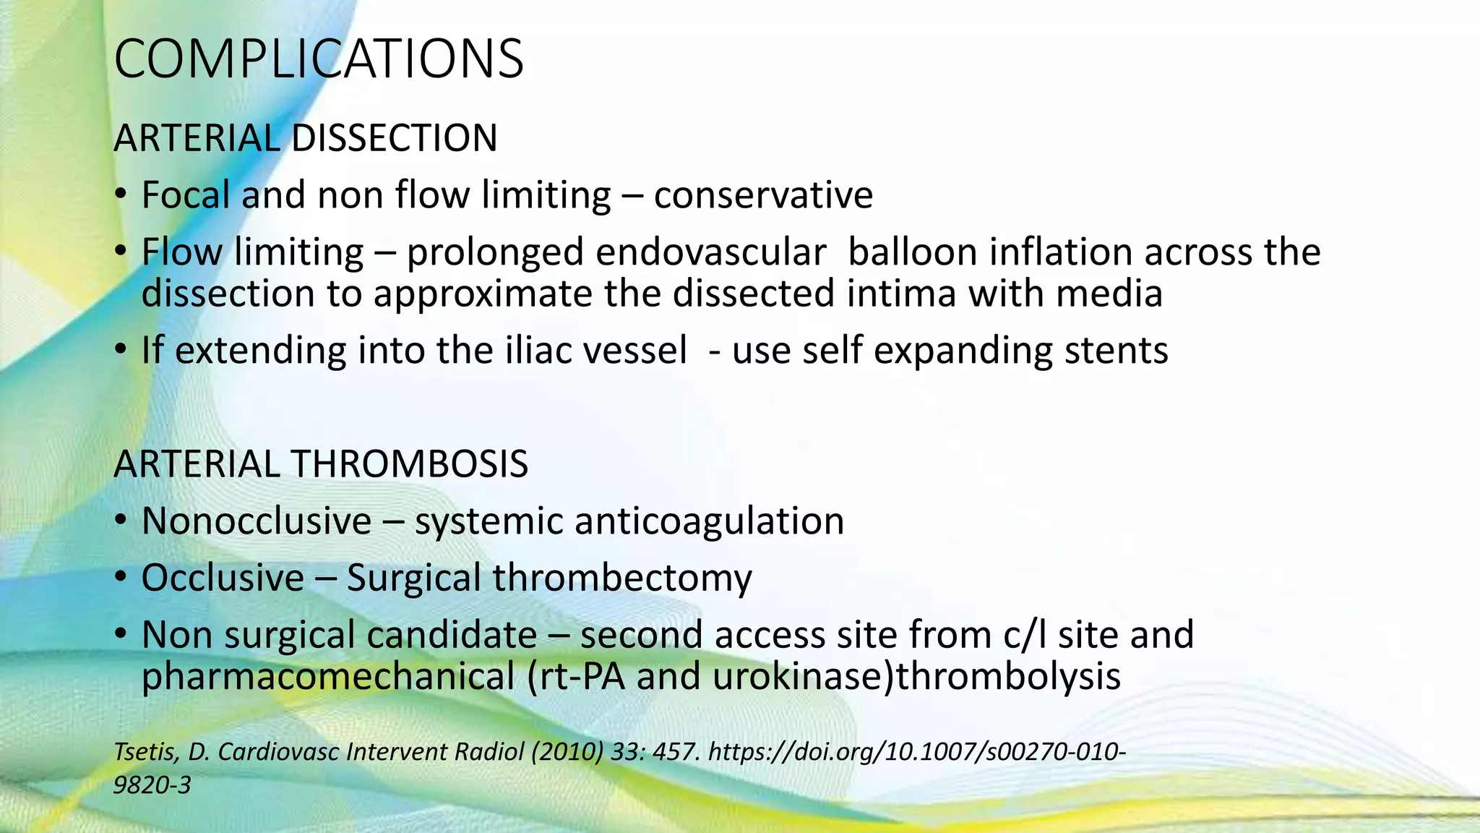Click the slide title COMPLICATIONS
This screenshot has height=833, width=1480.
click(x=319, y=59)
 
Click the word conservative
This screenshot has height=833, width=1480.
click(x=763, y=195)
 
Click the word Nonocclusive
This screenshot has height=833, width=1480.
click(x=257, y=521)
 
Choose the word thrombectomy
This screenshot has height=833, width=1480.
click(x=622, y=578)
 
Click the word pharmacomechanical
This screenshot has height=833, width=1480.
click(x=328, y=677)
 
